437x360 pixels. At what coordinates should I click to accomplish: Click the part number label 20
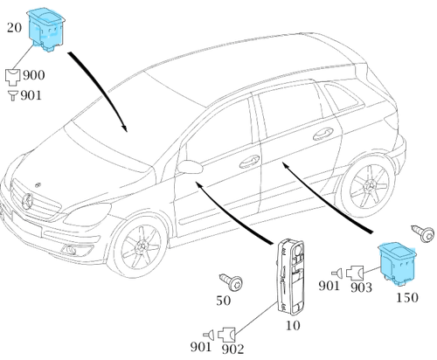(x=14, y=28)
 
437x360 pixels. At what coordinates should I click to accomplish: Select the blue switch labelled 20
(x=45, y=29)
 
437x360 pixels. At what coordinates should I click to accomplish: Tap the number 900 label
(x=34, y=75)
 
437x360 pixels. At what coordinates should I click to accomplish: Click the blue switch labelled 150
(x=397, y=263)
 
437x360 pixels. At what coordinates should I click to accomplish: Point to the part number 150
(x=407, y=297)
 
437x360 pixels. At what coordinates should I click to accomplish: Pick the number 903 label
(x=361, y=287)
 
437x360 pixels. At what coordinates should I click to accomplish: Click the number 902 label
(x=232, y=349)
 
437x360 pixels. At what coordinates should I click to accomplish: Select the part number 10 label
(x=293, y=325)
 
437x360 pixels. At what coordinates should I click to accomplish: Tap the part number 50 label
(x=224, y=301)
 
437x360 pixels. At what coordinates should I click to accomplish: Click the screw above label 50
(x=232, y=281)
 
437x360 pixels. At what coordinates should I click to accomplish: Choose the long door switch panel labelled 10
(x=290, y=277)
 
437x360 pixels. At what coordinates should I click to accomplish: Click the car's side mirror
(x=190, y=167)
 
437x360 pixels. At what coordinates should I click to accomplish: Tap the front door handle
(x=249, y=162)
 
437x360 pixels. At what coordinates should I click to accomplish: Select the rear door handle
(x=323, y=134)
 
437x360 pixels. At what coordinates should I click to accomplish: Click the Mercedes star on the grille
(x=28, y=202)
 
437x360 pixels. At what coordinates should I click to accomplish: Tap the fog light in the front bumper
(x=69, y=249)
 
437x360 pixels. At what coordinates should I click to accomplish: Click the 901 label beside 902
(x=201, y=347)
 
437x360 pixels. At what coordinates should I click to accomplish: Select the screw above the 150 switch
(x=423, y=233)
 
